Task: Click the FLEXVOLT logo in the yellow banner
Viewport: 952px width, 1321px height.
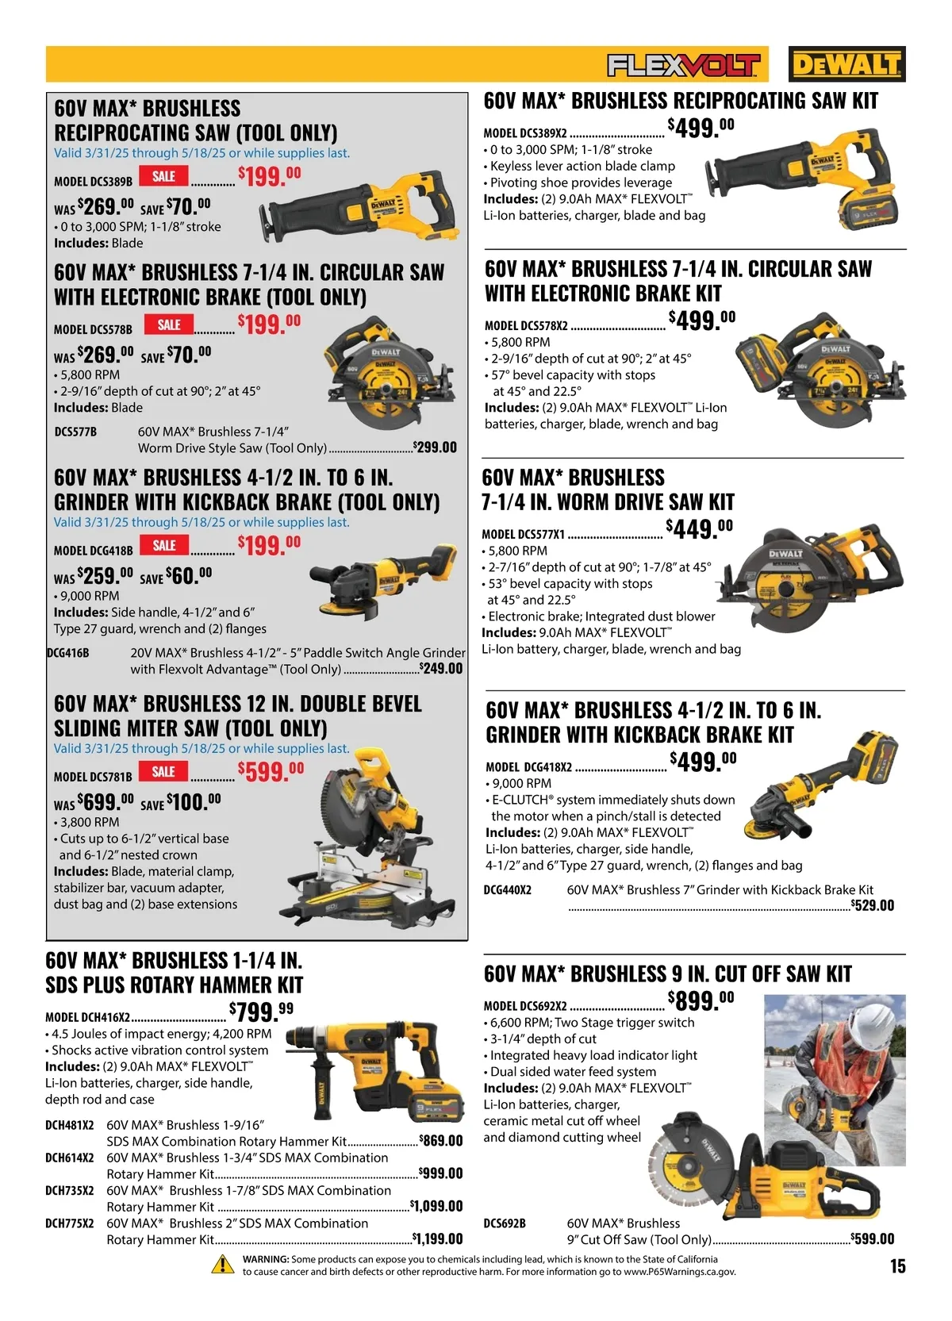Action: (684, 65)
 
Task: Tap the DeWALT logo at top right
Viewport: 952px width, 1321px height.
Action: (846, 63)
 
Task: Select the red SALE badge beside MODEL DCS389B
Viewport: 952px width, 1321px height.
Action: (163, 176)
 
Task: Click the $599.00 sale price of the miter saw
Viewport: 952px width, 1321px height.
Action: (271, 771)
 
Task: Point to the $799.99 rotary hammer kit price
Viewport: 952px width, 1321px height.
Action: (261, 1012)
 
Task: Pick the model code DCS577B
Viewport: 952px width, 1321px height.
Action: (75, 432)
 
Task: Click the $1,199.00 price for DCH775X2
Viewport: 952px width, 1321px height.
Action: (437, 1238)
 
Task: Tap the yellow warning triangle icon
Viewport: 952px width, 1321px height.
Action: (222, 1265)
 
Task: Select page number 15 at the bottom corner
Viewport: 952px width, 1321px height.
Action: (897, 1266)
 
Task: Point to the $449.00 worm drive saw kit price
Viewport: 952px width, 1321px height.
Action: (700, 529)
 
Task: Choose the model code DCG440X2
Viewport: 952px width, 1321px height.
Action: (507, 890)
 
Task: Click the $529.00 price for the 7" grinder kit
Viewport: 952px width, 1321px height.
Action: (873, 905)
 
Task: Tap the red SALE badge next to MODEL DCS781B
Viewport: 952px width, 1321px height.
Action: (163, 771)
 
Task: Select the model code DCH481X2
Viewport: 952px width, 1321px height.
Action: (70, 1125)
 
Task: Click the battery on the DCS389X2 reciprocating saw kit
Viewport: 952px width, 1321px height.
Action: (868, 209)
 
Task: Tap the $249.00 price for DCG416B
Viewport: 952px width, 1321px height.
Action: (440, 668)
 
